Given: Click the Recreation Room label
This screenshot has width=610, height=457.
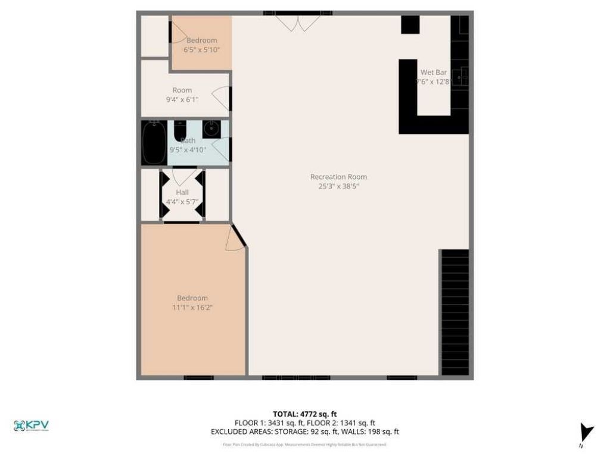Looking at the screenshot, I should click(338, 177).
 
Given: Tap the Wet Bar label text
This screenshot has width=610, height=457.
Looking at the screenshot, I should click(433, 72).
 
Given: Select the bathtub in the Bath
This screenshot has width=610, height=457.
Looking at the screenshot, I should click(154, 143).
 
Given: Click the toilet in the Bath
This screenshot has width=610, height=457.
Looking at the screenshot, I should click(180, 129).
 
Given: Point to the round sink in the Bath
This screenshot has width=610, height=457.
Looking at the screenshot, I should click(211, 129).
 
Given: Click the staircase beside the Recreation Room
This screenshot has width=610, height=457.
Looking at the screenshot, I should click(455, 312).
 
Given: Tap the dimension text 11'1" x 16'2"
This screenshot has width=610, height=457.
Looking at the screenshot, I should click(192, 308).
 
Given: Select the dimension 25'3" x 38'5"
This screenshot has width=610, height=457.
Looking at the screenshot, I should click(338, 186).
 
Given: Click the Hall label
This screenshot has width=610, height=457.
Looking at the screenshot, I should click(182, 192).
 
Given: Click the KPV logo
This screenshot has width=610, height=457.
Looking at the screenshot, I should click(31, 425).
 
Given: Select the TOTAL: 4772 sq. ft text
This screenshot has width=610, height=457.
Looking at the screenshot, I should click(304, 414).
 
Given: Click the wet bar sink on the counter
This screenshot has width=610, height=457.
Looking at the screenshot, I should click(460, 76).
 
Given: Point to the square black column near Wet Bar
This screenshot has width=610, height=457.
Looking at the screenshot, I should click(410, 25).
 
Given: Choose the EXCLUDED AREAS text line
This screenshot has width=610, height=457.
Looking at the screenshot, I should click(304, 432).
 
